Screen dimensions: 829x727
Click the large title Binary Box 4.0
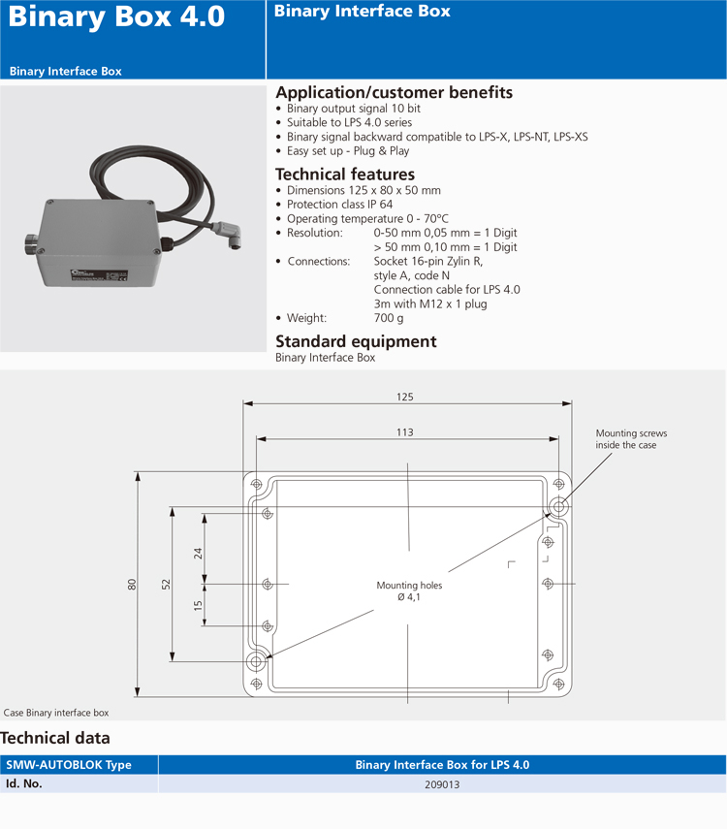pos(116,17)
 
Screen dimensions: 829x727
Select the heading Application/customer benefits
pos(394,92)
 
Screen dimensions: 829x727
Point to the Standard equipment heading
pos(356,341)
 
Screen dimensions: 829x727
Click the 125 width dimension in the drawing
pos(405,397)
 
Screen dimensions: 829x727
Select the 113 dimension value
pos(405,432)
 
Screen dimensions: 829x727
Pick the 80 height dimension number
pos(132,584)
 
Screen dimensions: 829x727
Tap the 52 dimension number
pos(166,584)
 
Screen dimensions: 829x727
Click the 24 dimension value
pos(199,554)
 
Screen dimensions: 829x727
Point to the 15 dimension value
pos(199,605)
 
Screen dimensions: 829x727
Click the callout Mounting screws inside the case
pos(631,439)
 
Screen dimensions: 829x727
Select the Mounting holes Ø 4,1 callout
pos(409,590)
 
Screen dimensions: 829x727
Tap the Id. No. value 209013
pos(441,784)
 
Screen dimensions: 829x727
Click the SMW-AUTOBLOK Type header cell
pos(68,765)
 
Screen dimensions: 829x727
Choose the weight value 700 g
pos(389,318)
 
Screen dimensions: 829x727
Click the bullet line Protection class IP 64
pos(339,205)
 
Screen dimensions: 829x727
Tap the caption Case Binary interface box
pos(56,713)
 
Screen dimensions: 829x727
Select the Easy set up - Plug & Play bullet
pos(348,151)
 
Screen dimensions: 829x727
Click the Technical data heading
pos(55,739)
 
